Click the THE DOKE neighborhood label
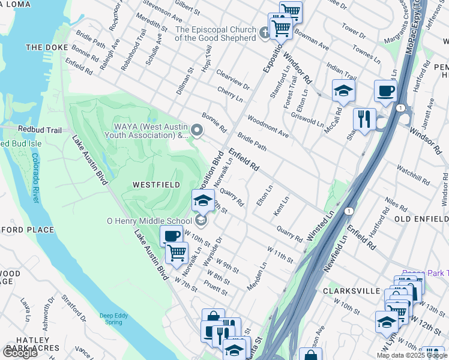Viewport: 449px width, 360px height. click(44, 47)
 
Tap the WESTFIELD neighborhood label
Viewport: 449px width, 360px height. click(155, 185)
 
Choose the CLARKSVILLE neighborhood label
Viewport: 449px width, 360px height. click(351, 291)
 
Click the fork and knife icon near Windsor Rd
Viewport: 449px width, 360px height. click(364, 118)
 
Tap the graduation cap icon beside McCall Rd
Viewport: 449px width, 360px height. click(343, 91)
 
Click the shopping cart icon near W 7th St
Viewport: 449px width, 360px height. click(176, 253)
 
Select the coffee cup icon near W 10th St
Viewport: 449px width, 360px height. click(171, 236)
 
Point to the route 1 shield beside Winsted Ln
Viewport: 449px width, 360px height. click(348, 211)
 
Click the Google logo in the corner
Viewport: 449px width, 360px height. click(20, 352)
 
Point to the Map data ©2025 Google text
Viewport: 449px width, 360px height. click(411, 355)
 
